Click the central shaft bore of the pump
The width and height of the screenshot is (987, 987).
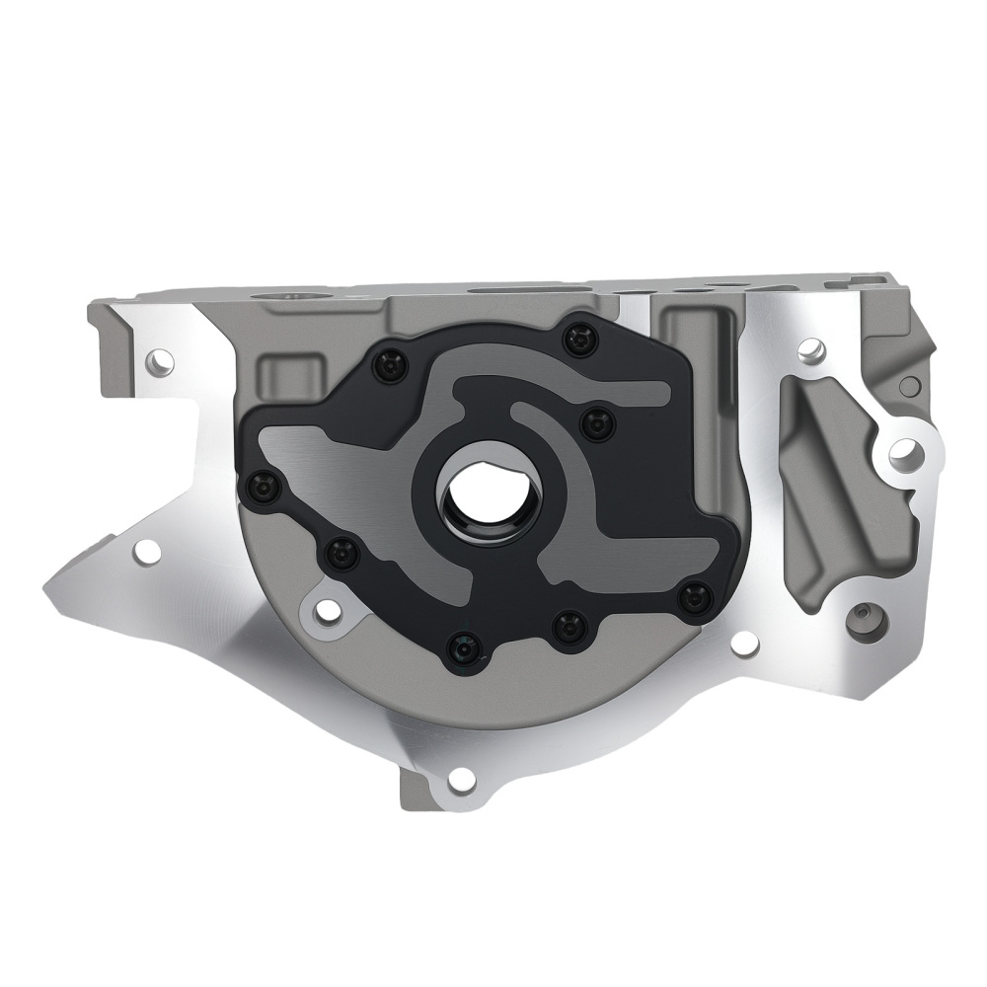pyautogui.click(x=483, y=493)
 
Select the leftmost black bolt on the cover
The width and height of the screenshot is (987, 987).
pyautogui.click(x=264, y=486)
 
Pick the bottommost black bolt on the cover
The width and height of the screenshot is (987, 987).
pyautogui.click(x=461, y=647)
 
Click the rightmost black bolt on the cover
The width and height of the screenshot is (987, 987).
pyautogui.click(x=696, y=595)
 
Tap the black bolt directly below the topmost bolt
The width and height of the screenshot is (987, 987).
pyautogui.click(x=596, y=424)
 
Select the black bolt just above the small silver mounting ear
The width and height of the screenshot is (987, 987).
pyautogui.click(x=342, y=554)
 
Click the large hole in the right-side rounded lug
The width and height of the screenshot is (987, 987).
pyautogui.click(x=901, y=453)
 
